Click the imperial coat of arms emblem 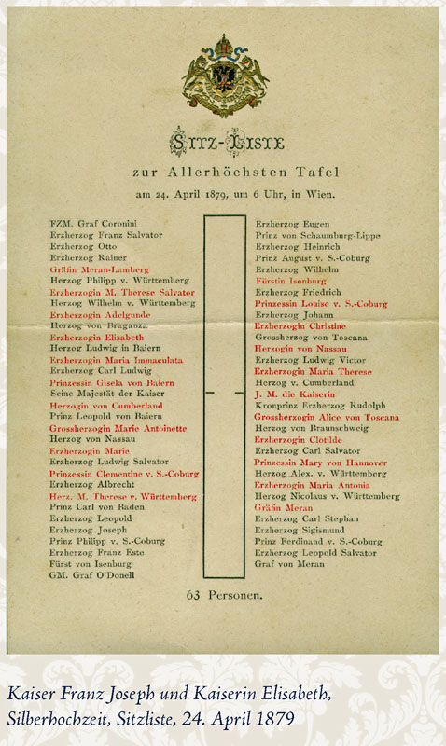223,76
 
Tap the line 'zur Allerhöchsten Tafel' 223,173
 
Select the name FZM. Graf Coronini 93,225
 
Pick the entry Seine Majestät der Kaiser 102,393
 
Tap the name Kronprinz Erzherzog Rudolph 319,405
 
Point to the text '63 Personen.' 223,593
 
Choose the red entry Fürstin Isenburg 293,280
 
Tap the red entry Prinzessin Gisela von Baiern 112,382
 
